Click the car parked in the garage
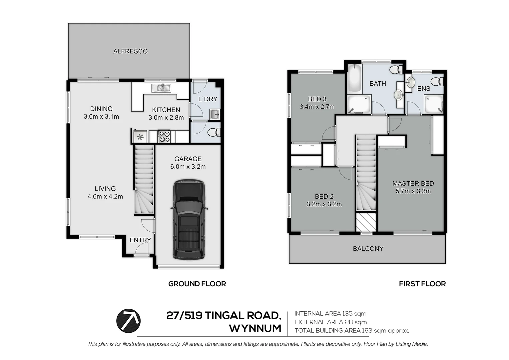[188, 220]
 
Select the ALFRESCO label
[130, 51]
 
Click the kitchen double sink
[161, 88]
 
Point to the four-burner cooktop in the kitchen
[164, 137]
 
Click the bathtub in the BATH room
[354, 79]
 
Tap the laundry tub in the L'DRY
[215, 114]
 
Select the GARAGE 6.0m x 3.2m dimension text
[188, 167]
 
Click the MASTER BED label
[413, 183]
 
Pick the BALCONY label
[368, 249]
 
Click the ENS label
[424, 89]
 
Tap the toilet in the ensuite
[437, 81]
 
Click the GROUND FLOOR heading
[197, 284]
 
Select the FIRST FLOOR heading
[422, 284]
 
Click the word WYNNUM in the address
[255, 328]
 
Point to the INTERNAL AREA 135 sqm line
[330, 314]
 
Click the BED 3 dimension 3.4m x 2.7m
[317, 107]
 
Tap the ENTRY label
[140, 240]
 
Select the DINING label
[101, 109]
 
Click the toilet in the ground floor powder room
[213, 133]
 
